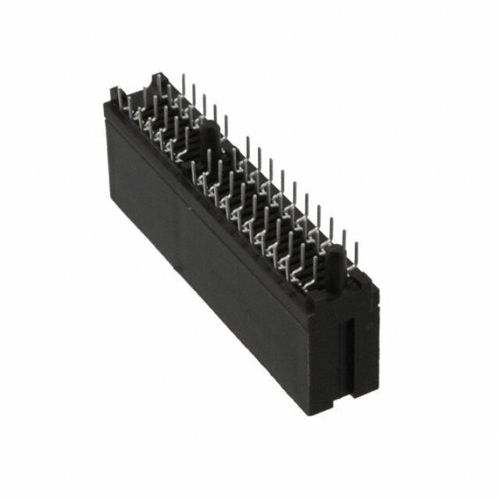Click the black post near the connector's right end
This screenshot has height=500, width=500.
click(335, 263)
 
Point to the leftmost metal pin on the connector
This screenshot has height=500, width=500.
click(114, 94)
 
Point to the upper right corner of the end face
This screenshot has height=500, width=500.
click(378, 283)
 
